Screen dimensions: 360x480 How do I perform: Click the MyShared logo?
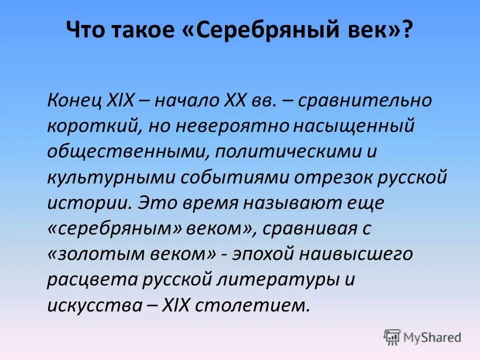tap(422, 336)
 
